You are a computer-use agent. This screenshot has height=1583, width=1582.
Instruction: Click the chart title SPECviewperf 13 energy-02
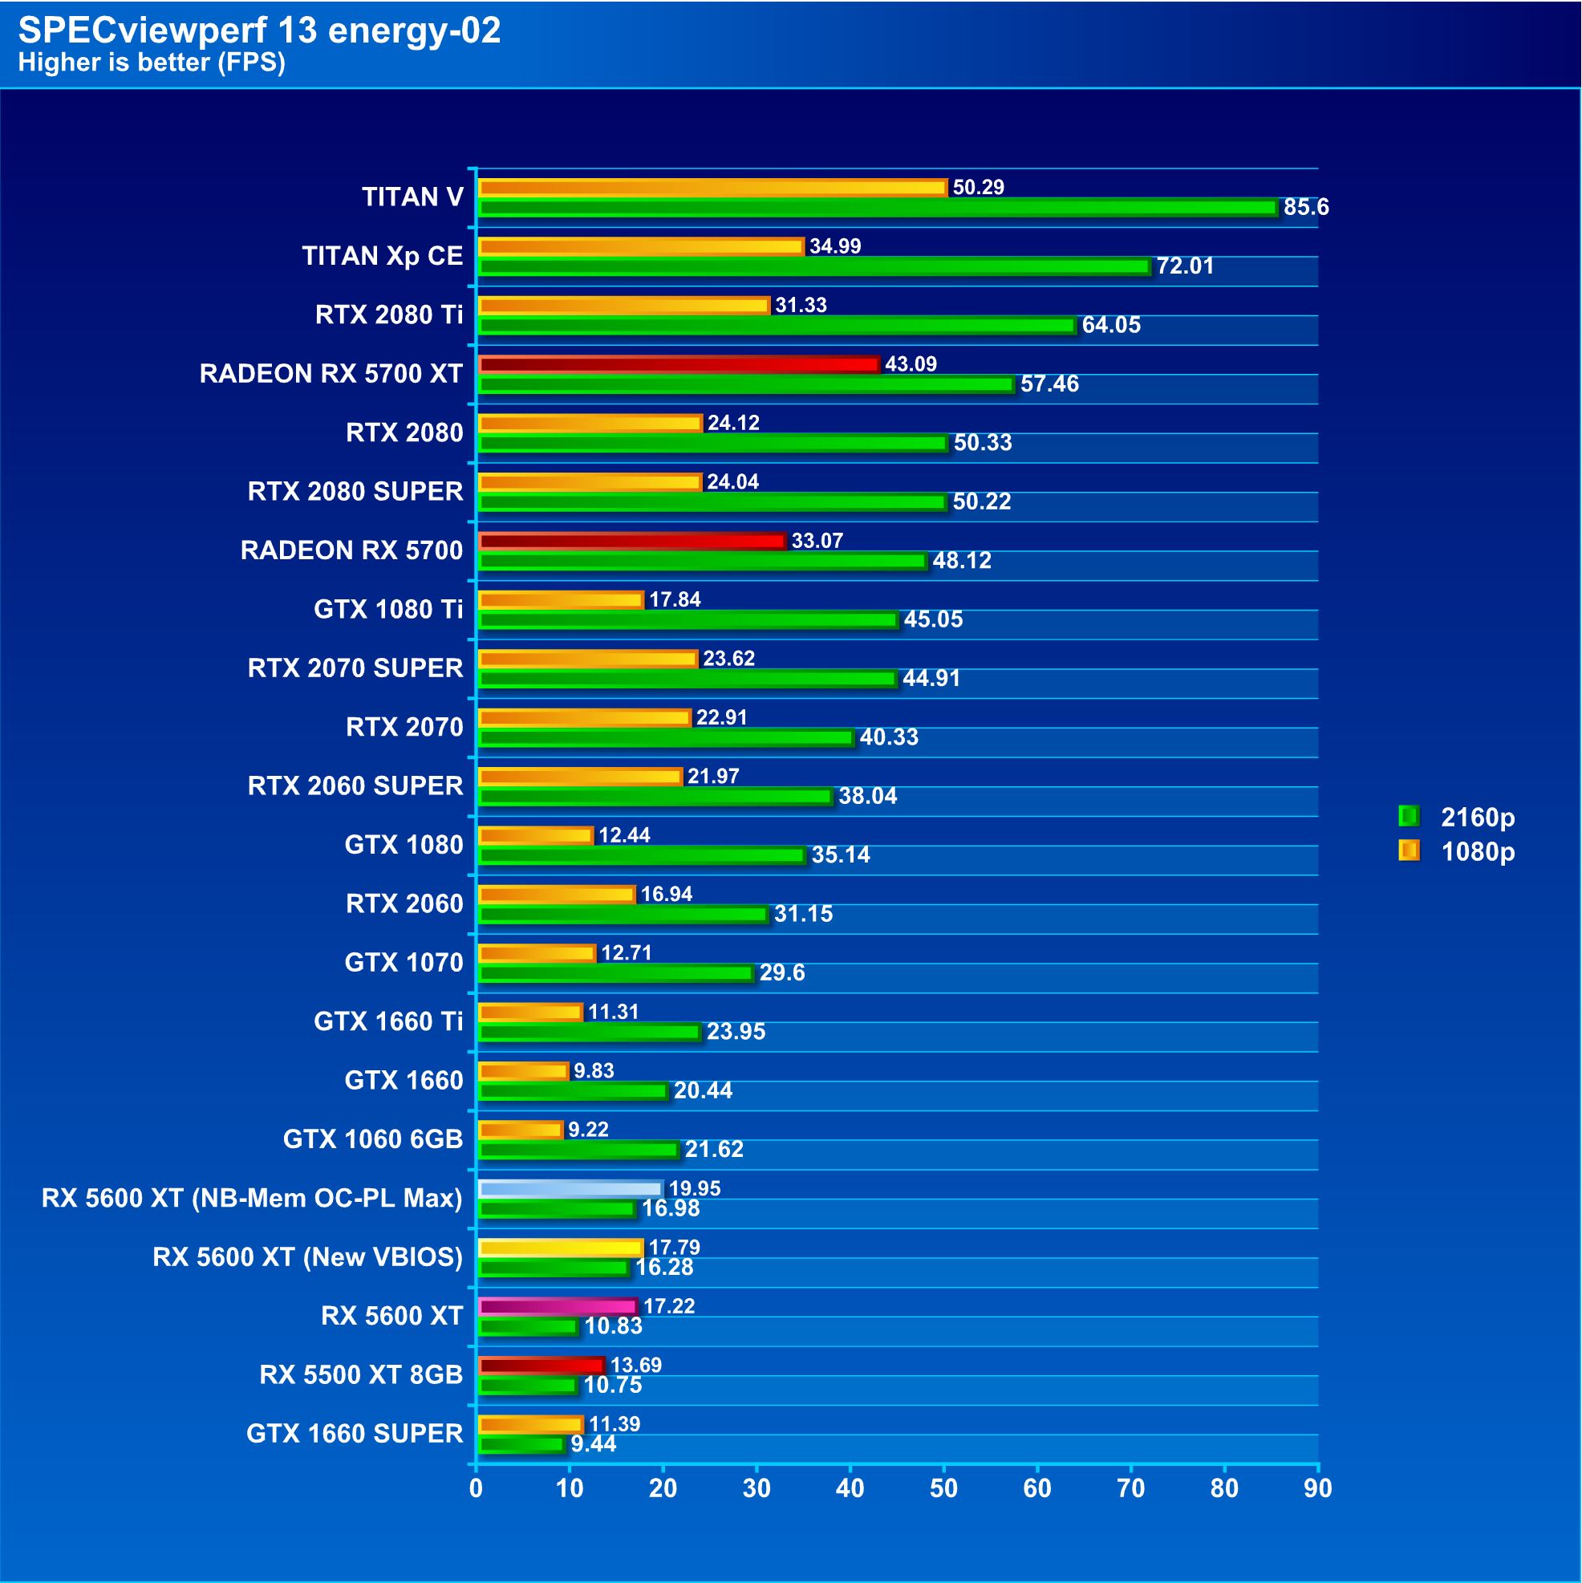click(259, 30)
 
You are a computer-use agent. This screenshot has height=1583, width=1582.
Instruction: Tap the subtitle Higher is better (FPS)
click(152, 63)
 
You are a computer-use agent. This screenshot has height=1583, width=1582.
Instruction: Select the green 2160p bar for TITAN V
click(877, 208)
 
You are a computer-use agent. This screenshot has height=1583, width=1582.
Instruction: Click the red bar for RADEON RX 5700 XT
click(679, 363)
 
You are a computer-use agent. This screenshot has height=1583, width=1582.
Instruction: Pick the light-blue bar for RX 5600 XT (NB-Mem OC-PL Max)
click(570, 1188)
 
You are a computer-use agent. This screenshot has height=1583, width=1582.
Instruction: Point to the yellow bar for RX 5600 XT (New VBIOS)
click(560, 1247)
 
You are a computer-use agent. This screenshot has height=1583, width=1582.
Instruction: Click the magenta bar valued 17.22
click(557, 1306)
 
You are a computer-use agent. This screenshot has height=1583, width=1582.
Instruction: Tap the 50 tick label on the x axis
click(943, 1489)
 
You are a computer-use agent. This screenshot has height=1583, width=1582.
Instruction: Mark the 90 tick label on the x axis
click(1317, 1489)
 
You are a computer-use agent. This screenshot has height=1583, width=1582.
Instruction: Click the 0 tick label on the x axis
click(476, 1489)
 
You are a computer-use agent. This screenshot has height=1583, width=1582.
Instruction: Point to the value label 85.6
click(1306, 207)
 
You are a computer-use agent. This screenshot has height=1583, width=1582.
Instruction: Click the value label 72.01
click(1185, 266)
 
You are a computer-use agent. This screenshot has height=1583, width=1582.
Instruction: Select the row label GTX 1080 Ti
click(388, 610)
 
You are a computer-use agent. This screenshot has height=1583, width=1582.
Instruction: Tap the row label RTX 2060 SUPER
click(355, 786)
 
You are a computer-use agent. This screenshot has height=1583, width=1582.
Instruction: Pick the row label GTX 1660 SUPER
click(355, 1434)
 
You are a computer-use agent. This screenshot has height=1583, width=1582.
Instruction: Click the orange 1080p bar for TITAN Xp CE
click(641, 246)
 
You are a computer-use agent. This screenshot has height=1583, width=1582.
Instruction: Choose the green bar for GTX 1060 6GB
click(578, 1151)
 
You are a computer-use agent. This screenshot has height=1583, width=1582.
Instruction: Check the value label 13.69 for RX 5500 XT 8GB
click(635, 1365)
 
